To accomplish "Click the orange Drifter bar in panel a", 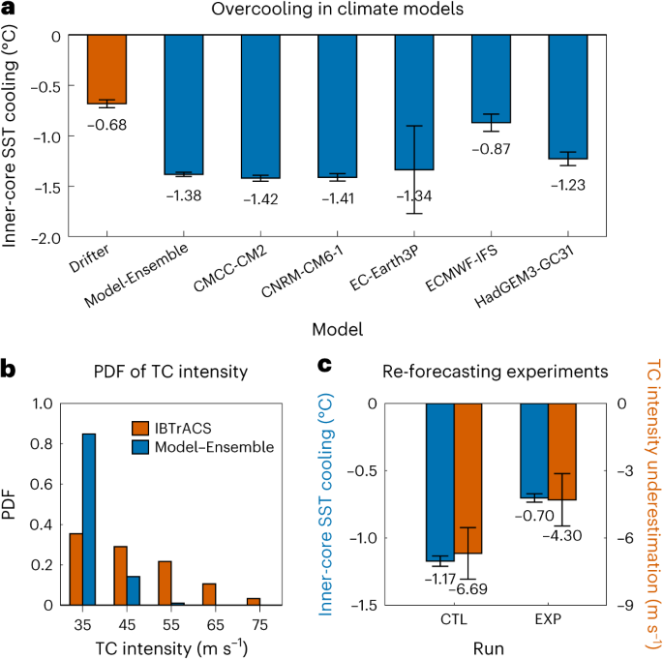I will [106, 69].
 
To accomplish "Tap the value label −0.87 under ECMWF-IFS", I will [491, 150].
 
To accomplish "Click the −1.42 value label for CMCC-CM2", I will [260, 202].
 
